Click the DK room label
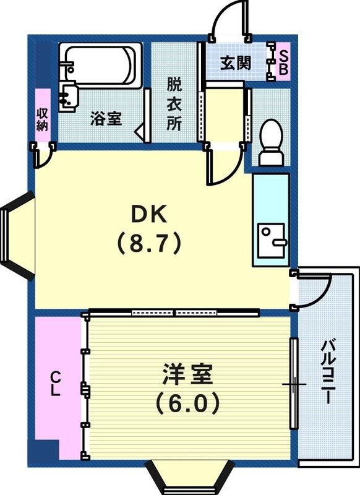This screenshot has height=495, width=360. click(x=148, y=215)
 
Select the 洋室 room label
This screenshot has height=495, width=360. click(x=187, y=375)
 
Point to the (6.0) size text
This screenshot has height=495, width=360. click(x=187, y=403)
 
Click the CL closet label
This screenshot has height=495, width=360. click(x=56, y=384)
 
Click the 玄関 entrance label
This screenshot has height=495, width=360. click(x=236, y=62)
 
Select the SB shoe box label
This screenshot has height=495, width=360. click(x=283, y=63)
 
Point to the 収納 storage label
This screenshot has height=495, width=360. click(x=43, y=118)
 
